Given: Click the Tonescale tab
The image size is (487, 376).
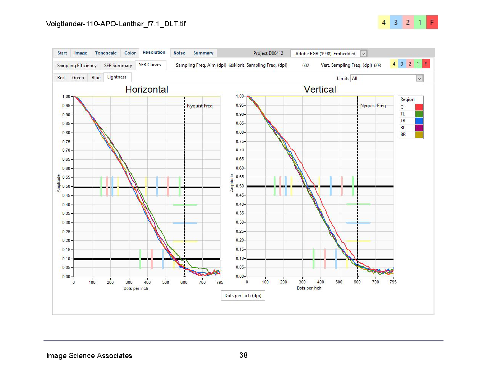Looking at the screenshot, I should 106,53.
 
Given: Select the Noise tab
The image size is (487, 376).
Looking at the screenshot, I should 179,53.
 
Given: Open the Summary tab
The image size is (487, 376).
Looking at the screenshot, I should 203,53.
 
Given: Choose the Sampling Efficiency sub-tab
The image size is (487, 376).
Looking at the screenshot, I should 77,66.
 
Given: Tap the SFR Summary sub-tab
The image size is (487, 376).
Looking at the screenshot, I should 118,66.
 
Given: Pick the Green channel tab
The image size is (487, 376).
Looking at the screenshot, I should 78,78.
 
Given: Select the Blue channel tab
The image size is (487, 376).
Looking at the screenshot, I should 96,78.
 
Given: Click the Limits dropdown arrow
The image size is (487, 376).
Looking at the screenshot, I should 419,78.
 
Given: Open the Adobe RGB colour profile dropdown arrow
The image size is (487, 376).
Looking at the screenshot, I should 363,54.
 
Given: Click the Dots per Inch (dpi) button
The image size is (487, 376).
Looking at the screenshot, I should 243,296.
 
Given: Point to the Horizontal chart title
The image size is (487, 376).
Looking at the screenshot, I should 147,90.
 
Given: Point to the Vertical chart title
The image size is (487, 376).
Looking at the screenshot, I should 320,90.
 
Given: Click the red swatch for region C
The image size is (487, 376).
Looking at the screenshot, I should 419,107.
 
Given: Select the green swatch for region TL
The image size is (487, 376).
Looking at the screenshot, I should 419,114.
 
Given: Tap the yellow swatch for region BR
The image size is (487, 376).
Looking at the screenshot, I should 419,134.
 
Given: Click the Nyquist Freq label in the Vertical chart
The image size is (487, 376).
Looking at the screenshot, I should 373,106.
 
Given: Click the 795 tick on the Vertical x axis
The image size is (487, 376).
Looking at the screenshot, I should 393,282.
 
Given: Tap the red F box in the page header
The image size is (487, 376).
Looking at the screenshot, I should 432,22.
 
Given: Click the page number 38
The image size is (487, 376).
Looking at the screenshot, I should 243,355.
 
